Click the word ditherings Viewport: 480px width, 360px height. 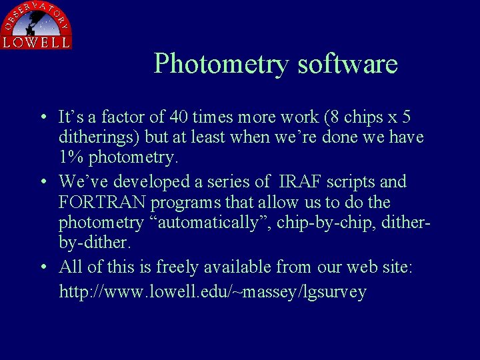click(x=95, y=138)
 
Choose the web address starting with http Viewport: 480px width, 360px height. click(x=213, y=292)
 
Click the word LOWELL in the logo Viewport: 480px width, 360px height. click(x=36, y=41)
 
